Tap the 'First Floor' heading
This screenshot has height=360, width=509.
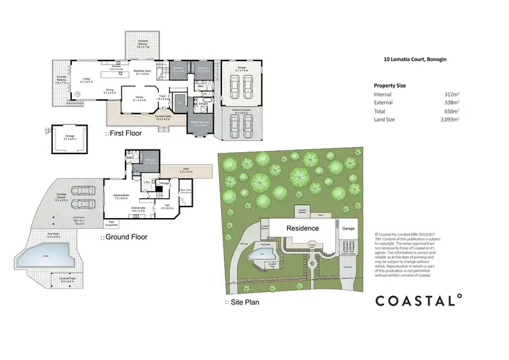124,133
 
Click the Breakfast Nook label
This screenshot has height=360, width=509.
141,71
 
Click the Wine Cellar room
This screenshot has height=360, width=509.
186,192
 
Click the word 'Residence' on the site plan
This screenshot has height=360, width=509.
302,228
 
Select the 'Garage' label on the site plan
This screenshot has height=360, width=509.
348,229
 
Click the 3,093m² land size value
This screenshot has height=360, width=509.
448,119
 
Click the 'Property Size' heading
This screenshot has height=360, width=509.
390,85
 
